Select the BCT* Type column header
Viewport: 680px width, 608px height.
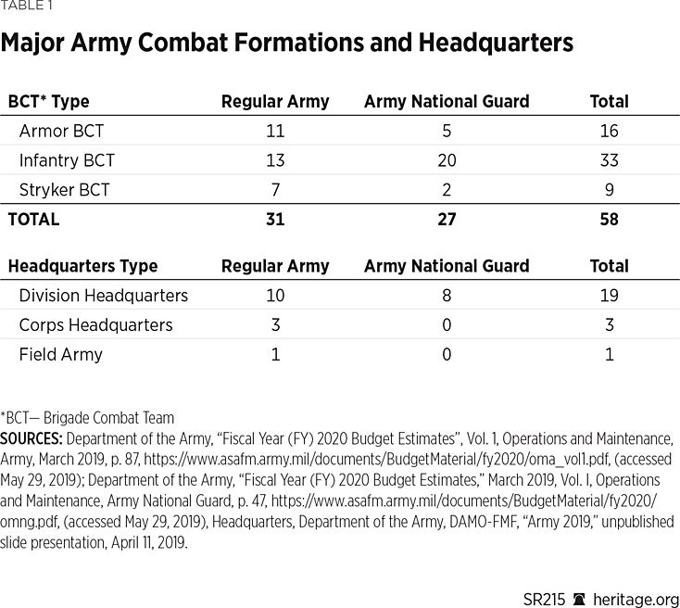[48, 102]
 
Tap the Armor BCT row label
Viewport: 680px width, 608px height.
[61, 131]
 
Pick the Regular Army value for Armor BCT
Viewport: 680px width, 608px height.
[275, 131]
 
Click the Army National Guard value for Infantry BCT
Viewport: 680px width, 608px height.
[447, 160]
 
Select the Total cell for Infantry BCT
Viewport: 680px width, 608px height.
[609, 160]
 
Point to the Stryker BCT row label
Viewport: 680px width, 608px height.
[64, 190]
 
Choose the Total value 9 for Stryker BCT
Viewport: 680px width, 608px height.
[609, 190]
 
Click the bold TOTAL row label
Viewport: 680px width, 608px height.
[33, 220]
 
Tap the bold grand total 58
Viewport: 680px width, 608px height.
[609, 220]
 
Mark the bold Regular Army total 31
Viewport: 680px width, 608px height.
[275, 220]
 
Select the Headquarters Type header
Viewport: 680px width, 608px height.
[82, 266]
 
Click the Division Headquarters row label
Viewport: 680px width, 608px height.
[103, 296]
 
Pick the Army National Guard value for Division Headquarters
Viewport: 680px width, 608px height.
[447, 296]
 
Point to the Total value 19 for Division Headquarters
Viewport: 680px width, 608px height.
[609, 296]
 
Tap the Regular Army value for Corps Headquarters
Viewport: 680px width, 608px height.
[275, 325]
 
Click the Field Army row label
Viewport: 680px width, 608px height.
[60, 354]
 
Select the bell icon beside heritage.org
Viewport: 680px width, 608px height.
[580, 599]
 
